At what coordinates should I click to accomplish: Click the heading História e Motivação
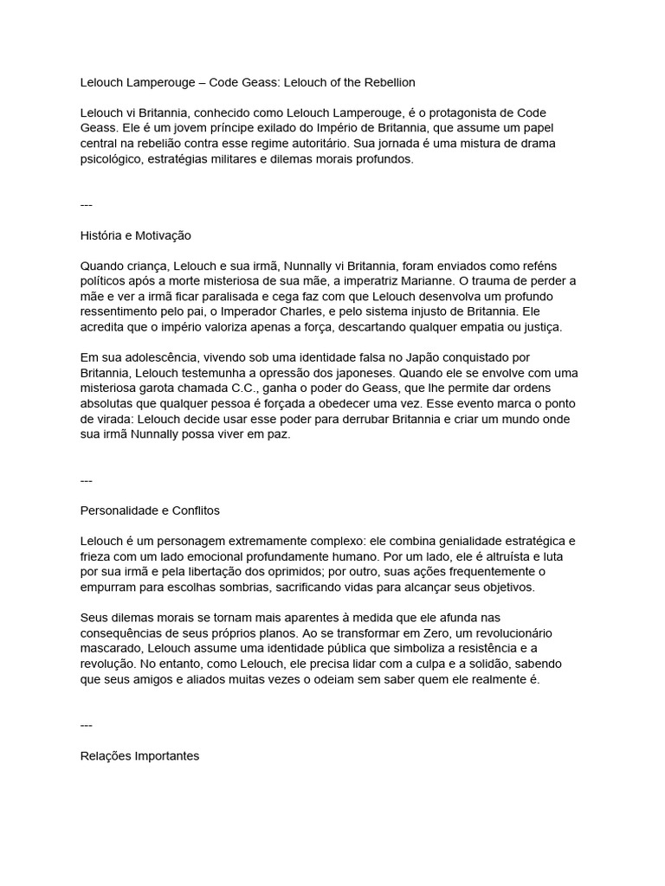click(135, 235)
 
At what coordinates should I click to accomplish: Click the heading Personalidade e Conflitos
click(156, 510)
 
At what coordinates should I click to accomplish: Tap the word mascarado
click(110, 649)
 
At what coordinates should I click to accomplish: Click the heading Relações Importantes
click(139, 756)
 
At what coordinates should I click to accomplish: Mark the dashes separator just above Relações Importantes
click(86, 725)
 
